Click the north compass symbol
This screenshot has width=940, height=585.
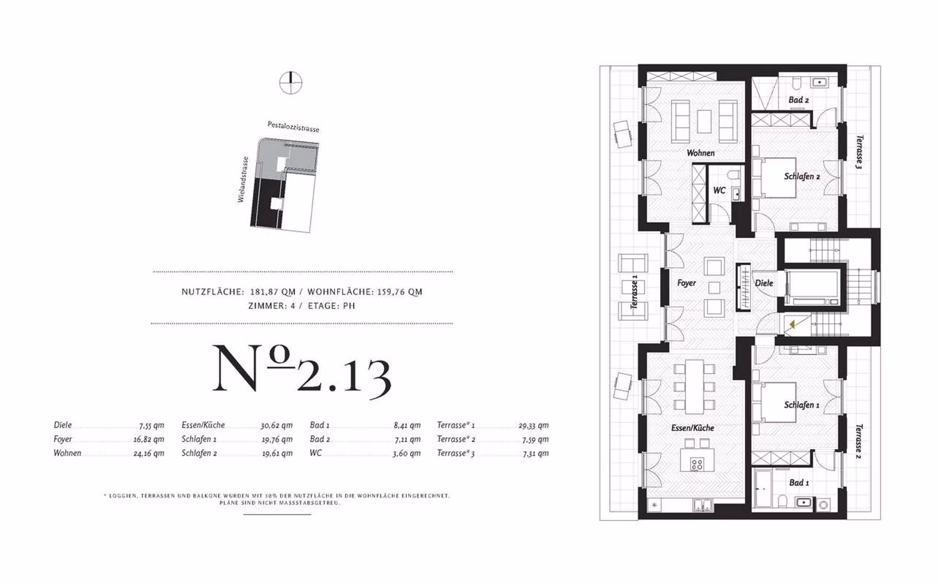coord(291,83)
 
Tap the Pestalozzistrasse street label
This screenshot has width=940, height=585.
coord(293,126)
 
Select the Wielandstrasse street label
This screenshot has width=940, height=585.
coord(243,180)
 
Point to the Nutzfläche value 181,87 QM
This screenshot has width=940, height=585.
coord(273,292)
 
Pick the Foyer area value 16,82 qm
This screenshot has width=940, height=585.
coord(149,439)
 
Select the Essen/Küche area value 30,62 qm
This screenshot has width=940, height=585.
coord(277,426)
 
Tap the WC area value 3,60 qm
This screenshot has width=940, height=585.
coord(406,453)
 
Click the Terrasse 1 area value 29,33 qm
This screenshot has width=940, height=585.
coord(533,426)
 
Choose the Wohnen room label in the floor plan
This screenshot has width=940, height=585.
coord(700,153)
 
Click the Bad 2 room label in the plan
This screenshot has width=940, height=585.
coord(799,100)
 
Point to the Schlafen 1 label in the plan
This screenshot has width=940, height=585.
coord(801,405)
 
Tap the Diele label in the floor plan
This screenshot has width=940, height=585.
coord(764,283)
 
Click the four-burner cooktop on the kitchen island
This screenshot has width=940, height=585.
coord(697,464)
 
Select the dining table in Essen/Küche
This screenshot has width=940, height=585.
coord(694,386)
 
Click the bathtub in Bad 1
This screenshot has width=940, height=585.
coord(763,488)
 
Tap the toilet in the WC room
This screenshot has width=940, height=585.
coord(734,175)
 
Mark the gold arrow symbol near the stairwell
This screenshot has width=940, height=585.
coord(792,325)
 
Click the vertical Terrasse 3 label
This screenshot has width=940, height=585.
coord(859,152)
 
